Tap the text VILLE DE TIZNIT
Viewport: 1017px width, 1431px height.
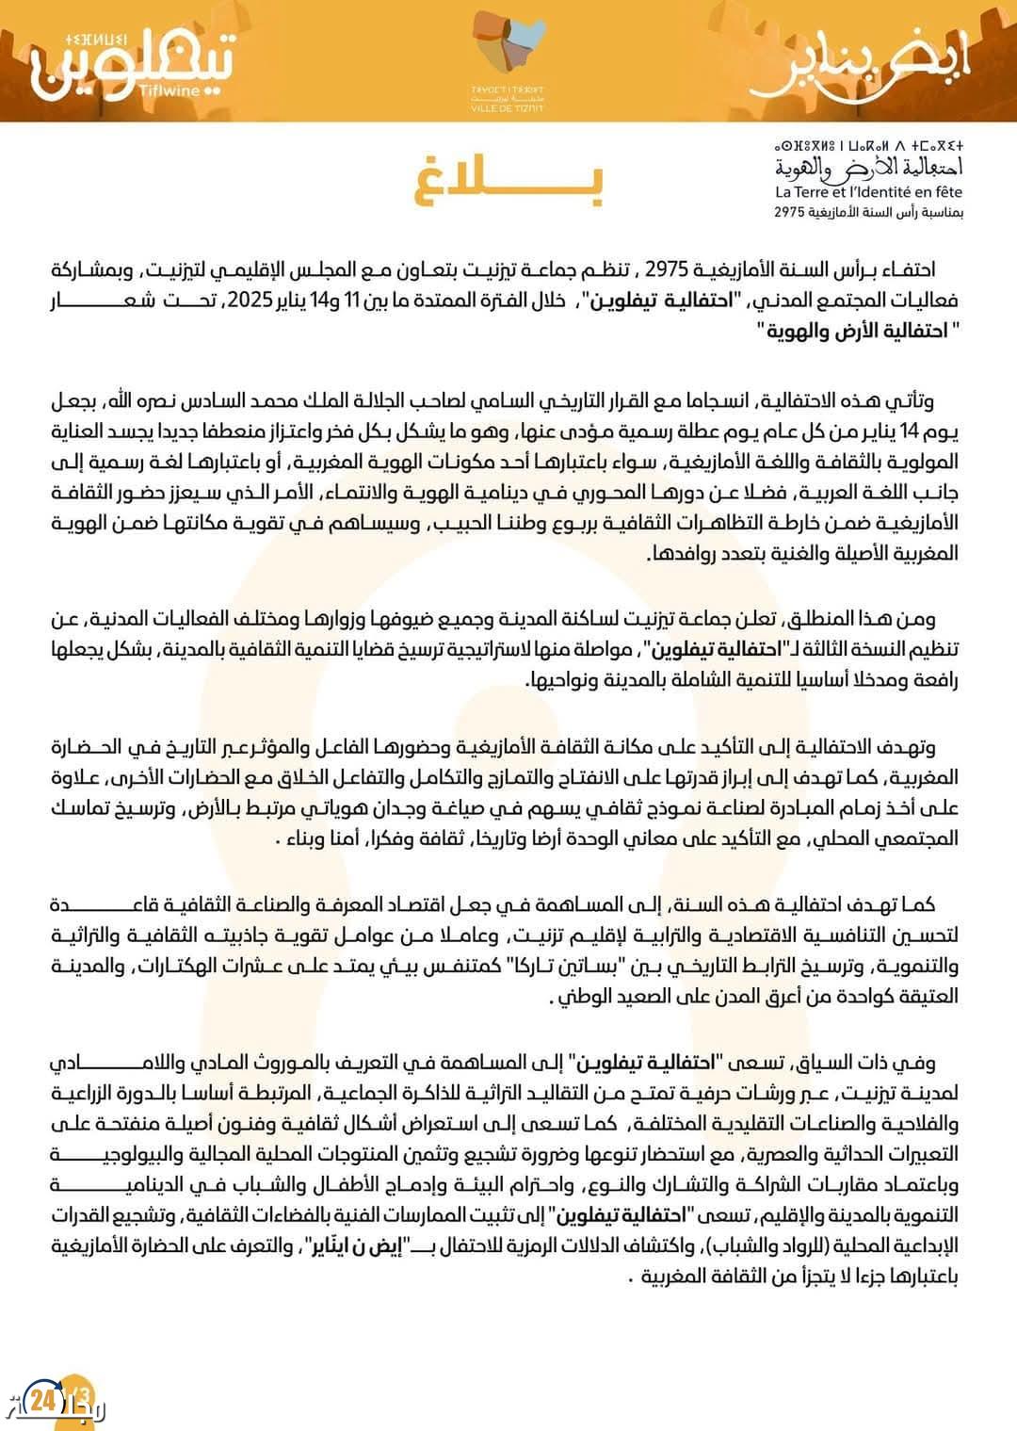508,108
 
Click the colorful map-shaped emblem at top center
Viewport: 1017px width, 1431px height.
508,47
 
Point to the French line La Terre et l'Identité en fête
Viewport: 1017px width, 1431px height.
868,192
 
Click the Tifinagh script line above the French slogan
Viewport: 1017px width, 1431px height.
868,147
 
